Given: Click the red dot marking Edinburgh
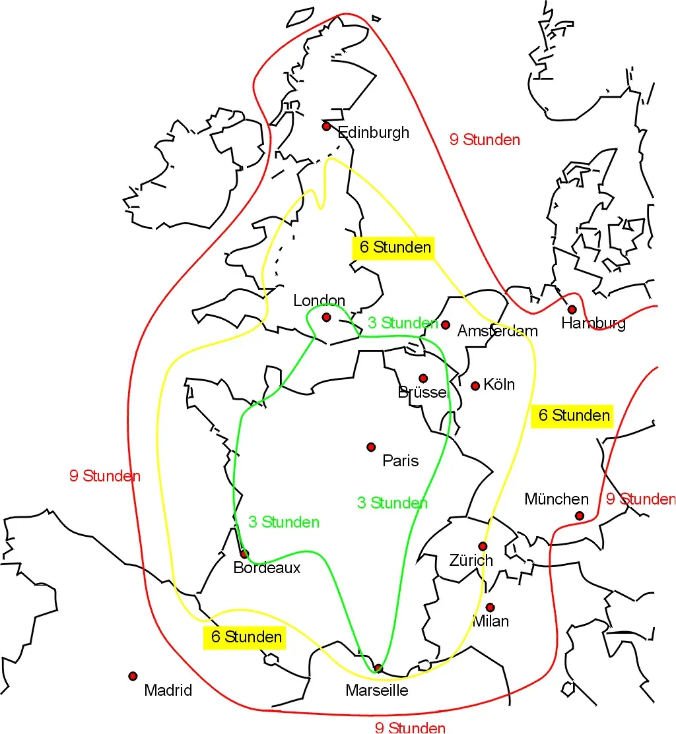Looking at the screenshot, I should coord(326,126).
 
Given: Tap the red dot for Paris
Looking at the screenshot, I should coord(371,447).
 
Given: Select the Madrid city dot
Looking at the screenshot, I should coord(133,676).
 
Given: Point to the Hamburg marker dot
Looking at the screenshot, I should coord(572,309).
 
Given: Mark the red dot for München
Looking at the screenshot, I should coord(579,516).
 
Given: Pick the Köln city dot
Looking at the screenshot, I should coord(475,386).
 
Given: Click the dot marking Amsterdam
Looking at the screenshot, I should coord(446,324).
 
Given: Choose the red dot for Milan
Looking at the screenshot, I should coord(490,607).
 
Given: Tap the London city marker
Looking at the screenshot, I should coord(326,317).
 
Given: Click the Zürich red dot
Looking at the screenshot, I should coord(483,546).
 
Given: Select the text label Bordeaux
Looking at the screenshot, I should coord(267,568).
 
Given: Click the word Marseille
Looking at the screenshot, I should coord(377,690).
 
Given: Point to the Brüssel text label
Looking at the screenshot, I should coord(422,392).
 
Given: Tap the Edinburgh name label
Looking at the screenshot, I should coord(374,133).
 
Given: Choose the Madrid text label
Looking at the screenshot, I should coord(168,690).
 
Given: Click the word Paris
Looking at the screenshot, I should coord(401,460).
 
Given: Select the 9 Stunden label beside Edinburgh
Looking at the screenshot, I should coord(485,140).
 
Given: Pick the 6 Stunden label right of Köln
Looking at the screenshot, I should coord(572,415).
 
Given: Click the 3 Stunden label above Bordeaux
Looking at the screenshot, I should coord(284,522).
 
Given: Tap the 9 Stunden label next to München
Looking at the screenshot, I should coord(640,499).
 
